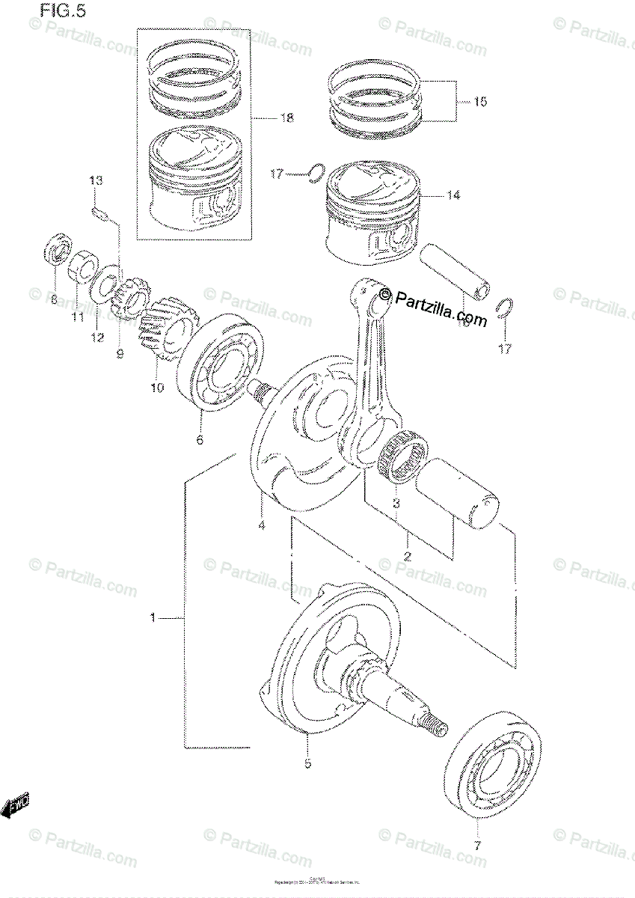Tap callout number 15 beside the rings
click(x=479, y=101)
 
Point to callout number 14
click(x=453, y=195)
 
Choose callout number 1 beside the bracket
click(x=153, y=618)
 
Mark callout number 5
click(x=307, y=763)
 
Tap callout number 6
click(x=200, y=440)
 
